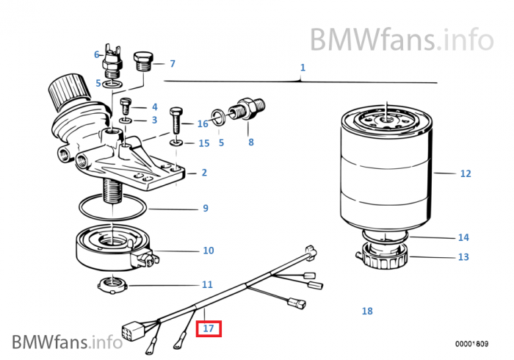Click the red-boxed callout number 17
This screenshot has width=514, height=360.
pos(209,328)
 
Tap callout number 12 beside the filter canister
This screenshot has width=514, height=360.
pos(465,174)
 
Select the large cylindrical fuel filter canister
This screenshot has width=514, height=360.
pos(385,169)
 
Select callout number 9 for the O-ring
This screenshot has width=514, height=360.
pos(206,209)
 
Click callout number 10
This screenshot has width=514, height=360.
pos(208,251)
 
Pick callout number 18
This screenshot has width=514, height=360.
pos(367,311)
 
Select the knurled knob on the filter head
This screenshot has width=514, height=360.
pos(65,94)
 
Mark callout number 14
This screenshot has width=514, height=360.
pos(463,237)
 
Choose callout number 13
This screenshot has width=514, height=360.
pos(463,257)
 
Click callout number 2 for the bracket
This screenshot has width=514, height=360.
pos(203,173)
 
